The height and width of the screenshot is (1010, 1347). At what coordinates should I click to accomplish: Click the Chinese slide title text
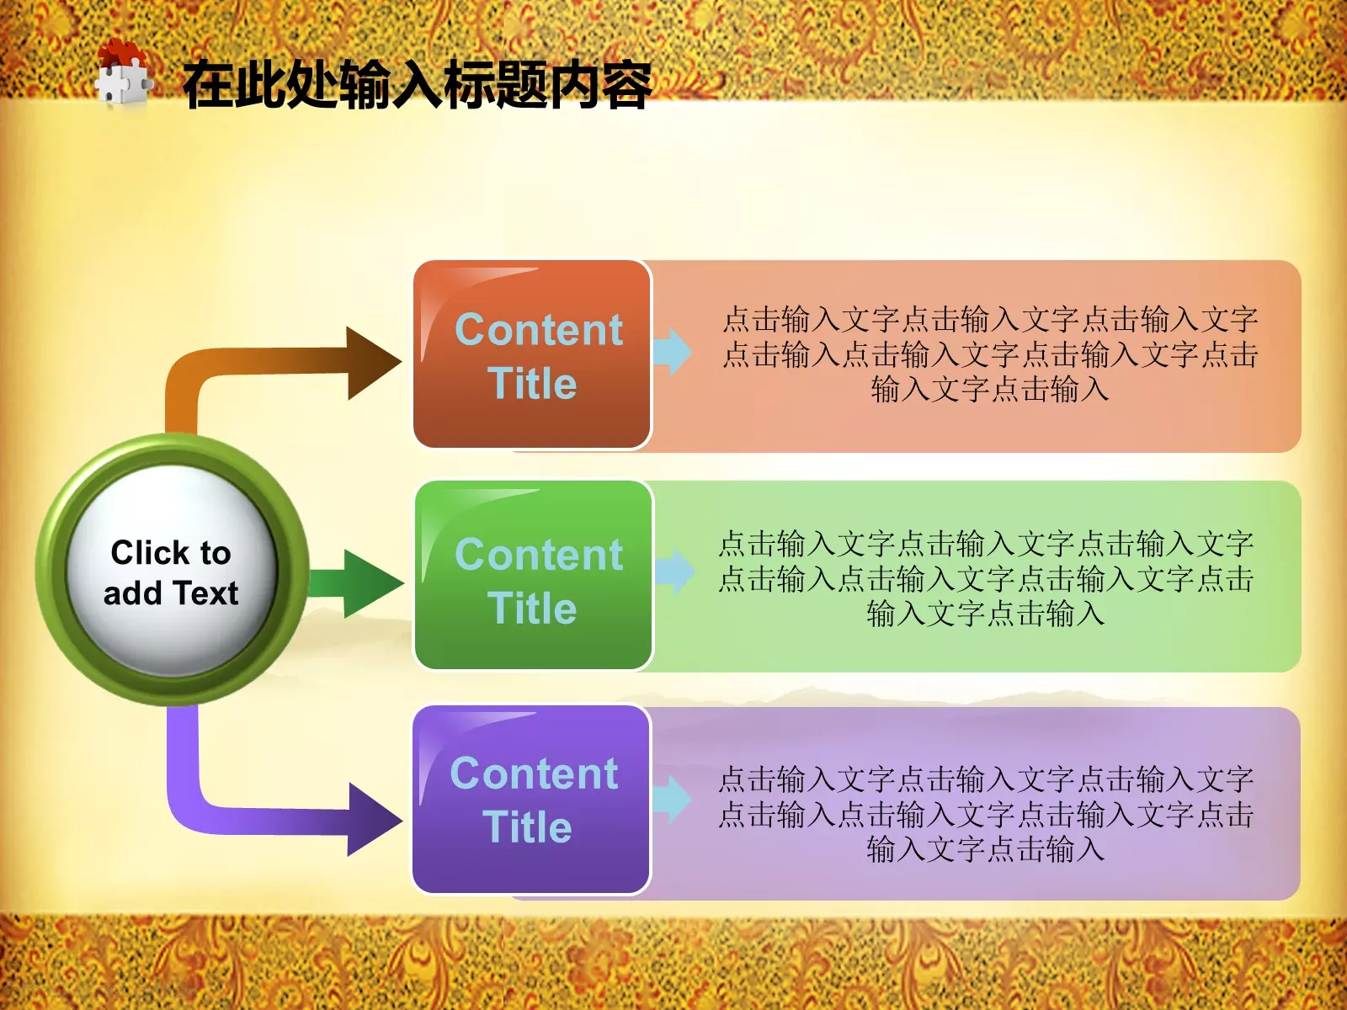417,85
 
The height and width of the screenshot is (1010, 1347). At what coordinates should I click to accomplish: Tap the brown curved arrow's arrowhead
372,363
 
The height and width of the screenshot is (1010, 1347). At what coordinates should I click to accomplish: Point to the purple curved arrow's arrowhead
373,819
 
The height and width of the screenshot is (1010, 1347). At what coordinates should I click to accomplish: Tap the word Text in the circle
205,593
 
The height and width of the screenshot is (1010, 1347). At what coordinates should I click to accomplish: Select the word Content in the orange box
539,329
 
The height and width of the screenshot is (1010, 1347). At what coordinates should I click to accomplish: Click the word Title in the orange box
532,384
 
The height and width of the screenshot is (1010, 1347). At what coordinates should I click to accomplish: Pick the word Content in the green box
539,555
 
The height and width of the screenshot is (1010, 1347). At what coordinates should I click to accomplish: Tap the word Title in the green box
532,609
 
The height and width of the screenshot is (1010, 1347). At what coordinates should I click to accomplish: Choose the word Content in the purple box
534,773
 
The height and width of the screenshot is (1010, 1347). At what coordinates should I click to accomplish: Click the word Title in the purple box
528,827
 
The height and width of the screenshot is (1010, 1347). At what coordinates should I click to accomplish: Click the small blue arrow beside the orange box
673,351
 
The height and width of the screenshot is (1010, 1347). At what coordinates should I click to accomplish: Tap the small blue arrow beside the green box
674,571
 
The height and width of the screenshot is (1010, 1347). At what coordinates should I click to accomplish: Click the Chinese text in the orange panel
990,354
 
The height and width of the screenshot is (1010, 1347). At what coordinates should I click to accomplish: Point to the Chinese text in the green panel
986,579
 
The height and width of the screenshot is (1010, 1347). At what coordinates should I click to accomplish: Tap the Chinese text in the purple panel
986,814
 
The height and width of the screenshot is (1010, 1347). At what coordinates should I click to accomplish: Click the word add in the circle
133,593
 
